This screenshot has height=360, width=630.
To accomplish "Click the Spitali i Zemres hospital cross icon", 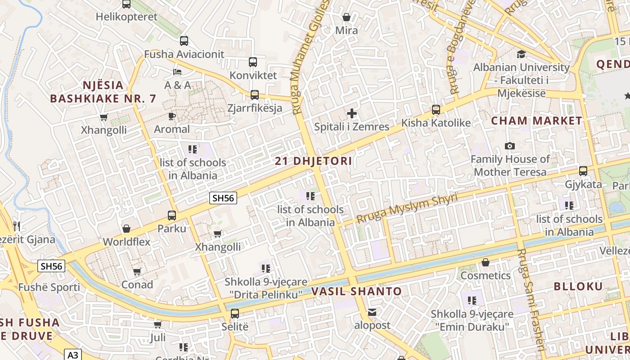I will (352, 113).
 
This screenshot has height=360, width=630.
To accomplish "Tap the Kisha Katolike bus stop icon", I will (436, 109).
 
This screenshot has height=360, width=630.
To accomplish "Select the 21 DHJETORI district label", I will (313, 161).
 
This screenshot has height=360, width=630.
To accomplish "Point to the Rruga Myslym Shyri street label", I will (407, 208).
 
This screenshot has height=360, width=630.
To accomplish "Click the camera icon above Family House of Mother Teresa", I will (510, 146).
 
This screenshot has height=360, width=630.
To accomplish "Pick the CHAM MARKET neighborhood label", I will (536, 121).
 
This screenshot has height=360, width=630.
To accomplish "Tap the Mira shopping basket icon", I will (346, 17).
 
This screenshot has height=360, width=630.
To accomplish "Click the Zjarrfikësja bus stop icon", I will (255, 94).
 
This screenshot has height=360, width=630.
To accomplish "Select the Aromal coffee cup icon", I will (171, 116).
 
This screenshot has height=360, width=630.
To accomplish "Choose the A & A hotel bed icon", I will (177, 72).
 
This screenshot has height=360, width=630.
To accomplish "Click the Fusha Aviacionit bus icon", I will (184, 41).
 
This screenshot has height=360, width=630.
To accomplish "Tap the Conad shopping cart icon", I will (137, 271).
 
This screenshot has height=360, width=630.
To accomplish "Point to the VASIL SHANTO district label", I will (356, 291).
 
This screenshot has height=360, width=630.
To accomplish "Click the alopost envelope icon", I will (372, 311).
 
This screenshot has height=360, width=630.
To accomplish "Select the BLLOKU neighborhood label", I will (578, 286).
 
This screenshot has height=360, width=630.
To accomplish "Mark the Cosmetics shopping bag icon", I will (485, 262).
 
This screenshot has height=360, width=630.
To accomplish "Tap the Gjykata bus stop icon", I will (583, 171).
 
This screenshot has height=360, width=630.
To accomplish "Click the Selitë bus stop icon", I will (234, 314).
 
